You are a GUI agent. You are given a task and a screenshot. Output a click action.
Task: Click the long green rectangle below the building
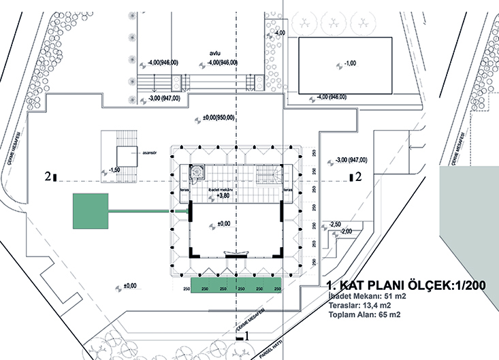236,286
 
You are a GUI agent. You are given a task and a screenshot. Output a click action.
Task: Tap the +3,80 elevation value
223,195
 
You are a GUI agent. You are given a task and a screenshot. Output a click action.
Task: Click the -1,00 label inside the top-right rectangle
349,63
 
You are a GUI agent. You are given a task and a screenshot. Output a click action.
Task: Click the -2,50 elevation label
334,224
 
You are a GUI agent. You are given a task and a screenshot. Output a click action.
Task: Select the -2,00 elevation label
347,232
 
